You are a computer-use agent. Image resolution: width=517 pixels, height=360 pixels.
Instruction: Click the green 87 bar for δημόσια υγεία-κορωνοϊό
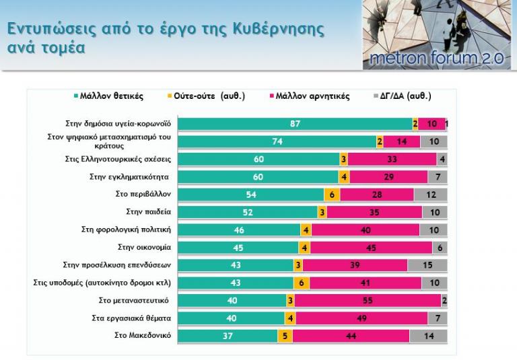(295, 124)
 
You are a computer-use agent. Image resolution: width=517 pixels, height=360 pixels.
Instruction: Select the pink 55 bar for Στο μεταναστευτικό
(368, 300)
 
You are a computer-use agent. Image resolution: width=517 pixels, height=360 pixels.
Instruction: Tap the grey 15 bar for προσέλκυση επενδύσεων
(427, 265)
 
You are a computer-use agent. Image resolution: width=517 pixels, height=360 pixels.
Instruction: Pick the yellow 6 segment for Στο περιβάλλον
(333, 194)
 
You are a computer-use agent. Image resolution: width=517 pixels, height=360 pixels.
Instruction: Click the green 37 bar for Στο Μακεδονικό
(228, 336)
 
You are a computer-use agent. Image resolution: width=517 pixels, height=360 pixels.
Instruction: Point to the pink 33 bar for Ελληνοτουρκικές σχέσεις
(392, 159)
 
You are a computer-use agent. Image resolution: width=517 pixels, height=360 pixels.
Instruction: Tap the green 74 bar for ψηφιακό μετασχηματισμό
(277, 141)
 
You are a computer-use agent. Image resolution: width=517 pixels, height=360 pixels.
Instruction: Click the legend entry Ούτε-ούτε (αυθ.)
(205, 96)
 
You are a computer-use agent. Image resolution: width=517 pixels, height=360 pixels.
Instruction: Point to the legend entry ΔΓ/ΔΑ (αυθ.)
(405, 96)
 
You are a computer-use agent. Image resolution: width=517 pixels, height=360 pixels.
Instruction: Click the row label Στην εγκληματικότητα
(129, 177)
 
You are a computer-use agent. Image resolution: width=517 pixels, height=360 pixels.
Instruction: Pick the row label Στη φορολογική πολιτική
(127, 229)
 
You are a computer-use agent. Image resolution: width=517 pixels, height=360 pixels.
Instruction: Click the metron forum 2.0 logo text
(437, 59)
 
